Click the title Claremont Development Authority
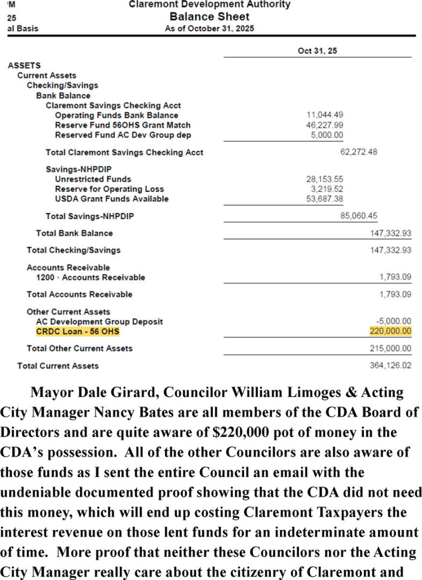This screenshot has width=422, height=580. pyautogui.click(x=210, y=5)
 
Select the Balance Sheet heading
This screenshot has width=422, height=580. pyautogui.click(x=210, y=17)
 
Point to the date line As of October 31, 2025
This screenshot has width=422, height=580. pyautogui.click(x=210, y=28)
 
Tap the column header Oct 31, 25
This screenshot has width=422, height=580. pyautogui.click(x=317, y=51)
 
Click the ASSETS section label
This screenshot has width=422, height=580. pyautogui.click(x=24, y=65)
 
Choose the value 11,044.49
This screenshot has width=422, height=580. pyautogui.click(x=325, y=115)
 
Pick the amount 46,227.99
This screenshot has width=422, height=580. pyautogui.click(x=325, y=125)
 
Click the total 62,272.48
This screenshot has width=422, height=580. pyautogui.click(x=359, y=152)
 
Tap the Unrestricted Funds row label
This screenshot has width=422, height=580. pyautogui.click(x=93, y=179)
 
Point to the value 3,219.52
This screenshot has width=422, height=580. pyautogui.click(x=325, y=189)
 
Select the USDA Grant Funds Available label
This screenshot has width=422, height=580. pyautogui.click(x=112, y=198)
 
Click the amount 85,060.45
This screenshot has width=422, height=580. pyautogui.click(x=359, y=216)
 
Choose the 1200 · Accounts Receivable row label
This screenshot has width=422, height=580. pyautogui.click(x=90, y=277)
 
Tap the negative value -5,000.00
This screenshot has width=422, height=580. pyautogui.click(x=393, y=321)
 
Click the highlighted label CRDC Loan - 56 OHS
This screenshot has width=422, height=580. pyautogui.click(x=78, y=331)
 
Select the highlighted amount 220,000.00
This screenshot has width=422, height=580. pyautogui.click(x=390, y=331)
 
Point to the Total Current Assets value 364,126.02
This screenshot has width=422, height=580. pyautogui.click(x=390, y=365)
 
